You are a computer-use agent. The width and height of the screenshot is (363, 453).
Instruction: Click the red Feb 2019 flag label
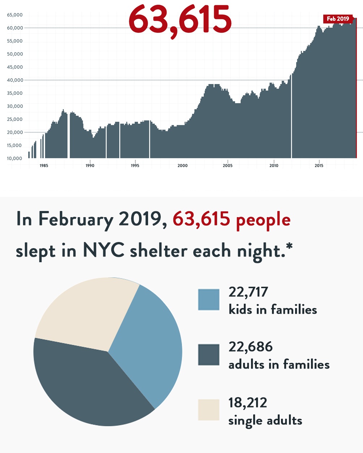(338, 19)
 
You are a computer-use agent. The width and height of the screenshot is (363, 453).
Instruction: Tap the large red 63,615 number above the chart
(180, 20)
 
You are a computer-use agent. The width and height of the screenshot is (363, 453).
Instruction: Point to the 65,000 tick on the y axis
(15, 15)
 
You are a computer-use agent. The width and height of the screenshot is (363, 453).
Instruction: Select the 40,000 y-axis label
(15, 80)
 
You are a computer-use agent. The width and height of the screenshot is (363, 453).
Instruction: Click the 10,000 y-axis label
(15, 159)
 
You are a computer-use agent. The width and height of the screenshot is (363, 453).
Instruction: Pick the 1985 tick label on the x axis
(44, 166)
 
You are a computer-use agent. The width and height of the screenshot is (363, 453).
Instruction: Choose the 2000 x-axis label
(182, 166)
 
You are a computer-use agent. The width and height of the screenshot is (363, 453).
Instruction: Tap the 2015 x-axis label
(319, 166)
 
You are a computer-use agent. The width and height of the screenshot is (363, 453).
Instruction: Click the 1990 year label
(90, 166)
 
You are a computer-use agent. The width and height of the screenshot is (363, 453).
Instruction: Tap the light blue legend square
(209, 300)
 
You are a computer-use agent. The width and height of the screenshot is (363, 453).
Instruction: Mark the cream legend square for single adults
(209, 410)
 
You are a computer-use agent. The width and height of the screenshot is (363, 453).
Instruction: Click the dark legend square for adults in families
(209, 355)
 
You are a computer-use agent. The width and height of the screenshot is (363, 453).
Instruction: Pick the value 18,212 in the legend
(247, 403)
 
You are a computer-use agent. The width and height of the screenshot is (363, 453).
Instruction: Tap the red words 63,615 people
(232, 219)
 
